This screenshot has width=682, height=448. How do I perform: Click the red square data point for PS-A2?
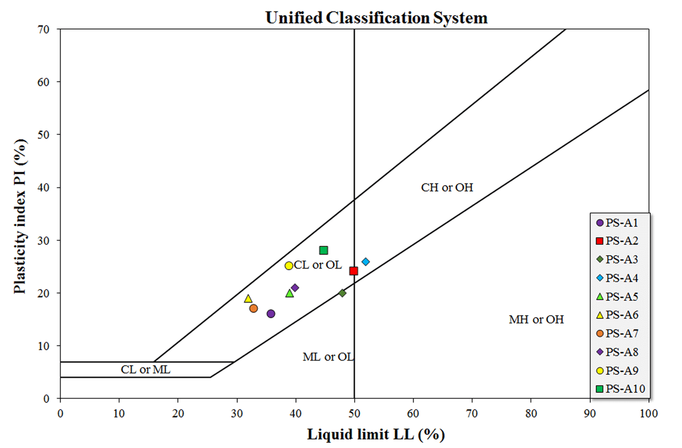354,271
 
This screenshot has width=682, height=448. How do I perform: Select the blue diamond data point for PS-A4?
365,262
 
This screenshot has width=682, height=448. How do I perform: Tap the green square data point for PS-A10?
323,250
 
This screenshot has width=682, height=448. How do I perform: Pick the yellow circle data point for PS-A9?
289,266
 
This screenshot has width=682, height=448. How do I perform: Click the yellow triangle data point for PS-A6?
248,299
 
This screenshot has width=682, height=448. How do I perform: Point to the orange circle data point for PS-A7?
253,308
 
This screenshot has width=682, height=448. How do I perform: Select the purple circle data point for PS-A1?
271,313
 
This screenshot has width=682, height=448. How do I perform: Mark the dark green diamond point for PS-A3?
342,293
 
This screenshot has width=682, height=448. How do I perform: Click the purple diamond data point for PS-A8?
294,288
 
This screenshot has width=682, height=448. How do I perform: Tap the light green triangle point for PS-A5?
289,294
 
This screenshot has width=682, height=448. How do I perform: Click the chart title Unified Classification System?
376,18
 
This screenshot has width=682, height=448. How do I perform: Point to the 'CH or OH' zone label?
447,187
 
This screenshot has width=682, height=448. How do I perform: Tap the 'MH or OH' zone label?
536,320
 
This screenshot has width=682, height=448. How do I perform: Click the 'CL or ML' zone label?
145,370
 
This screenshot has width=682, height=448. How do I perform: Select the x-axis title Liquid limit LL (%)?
376,436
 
